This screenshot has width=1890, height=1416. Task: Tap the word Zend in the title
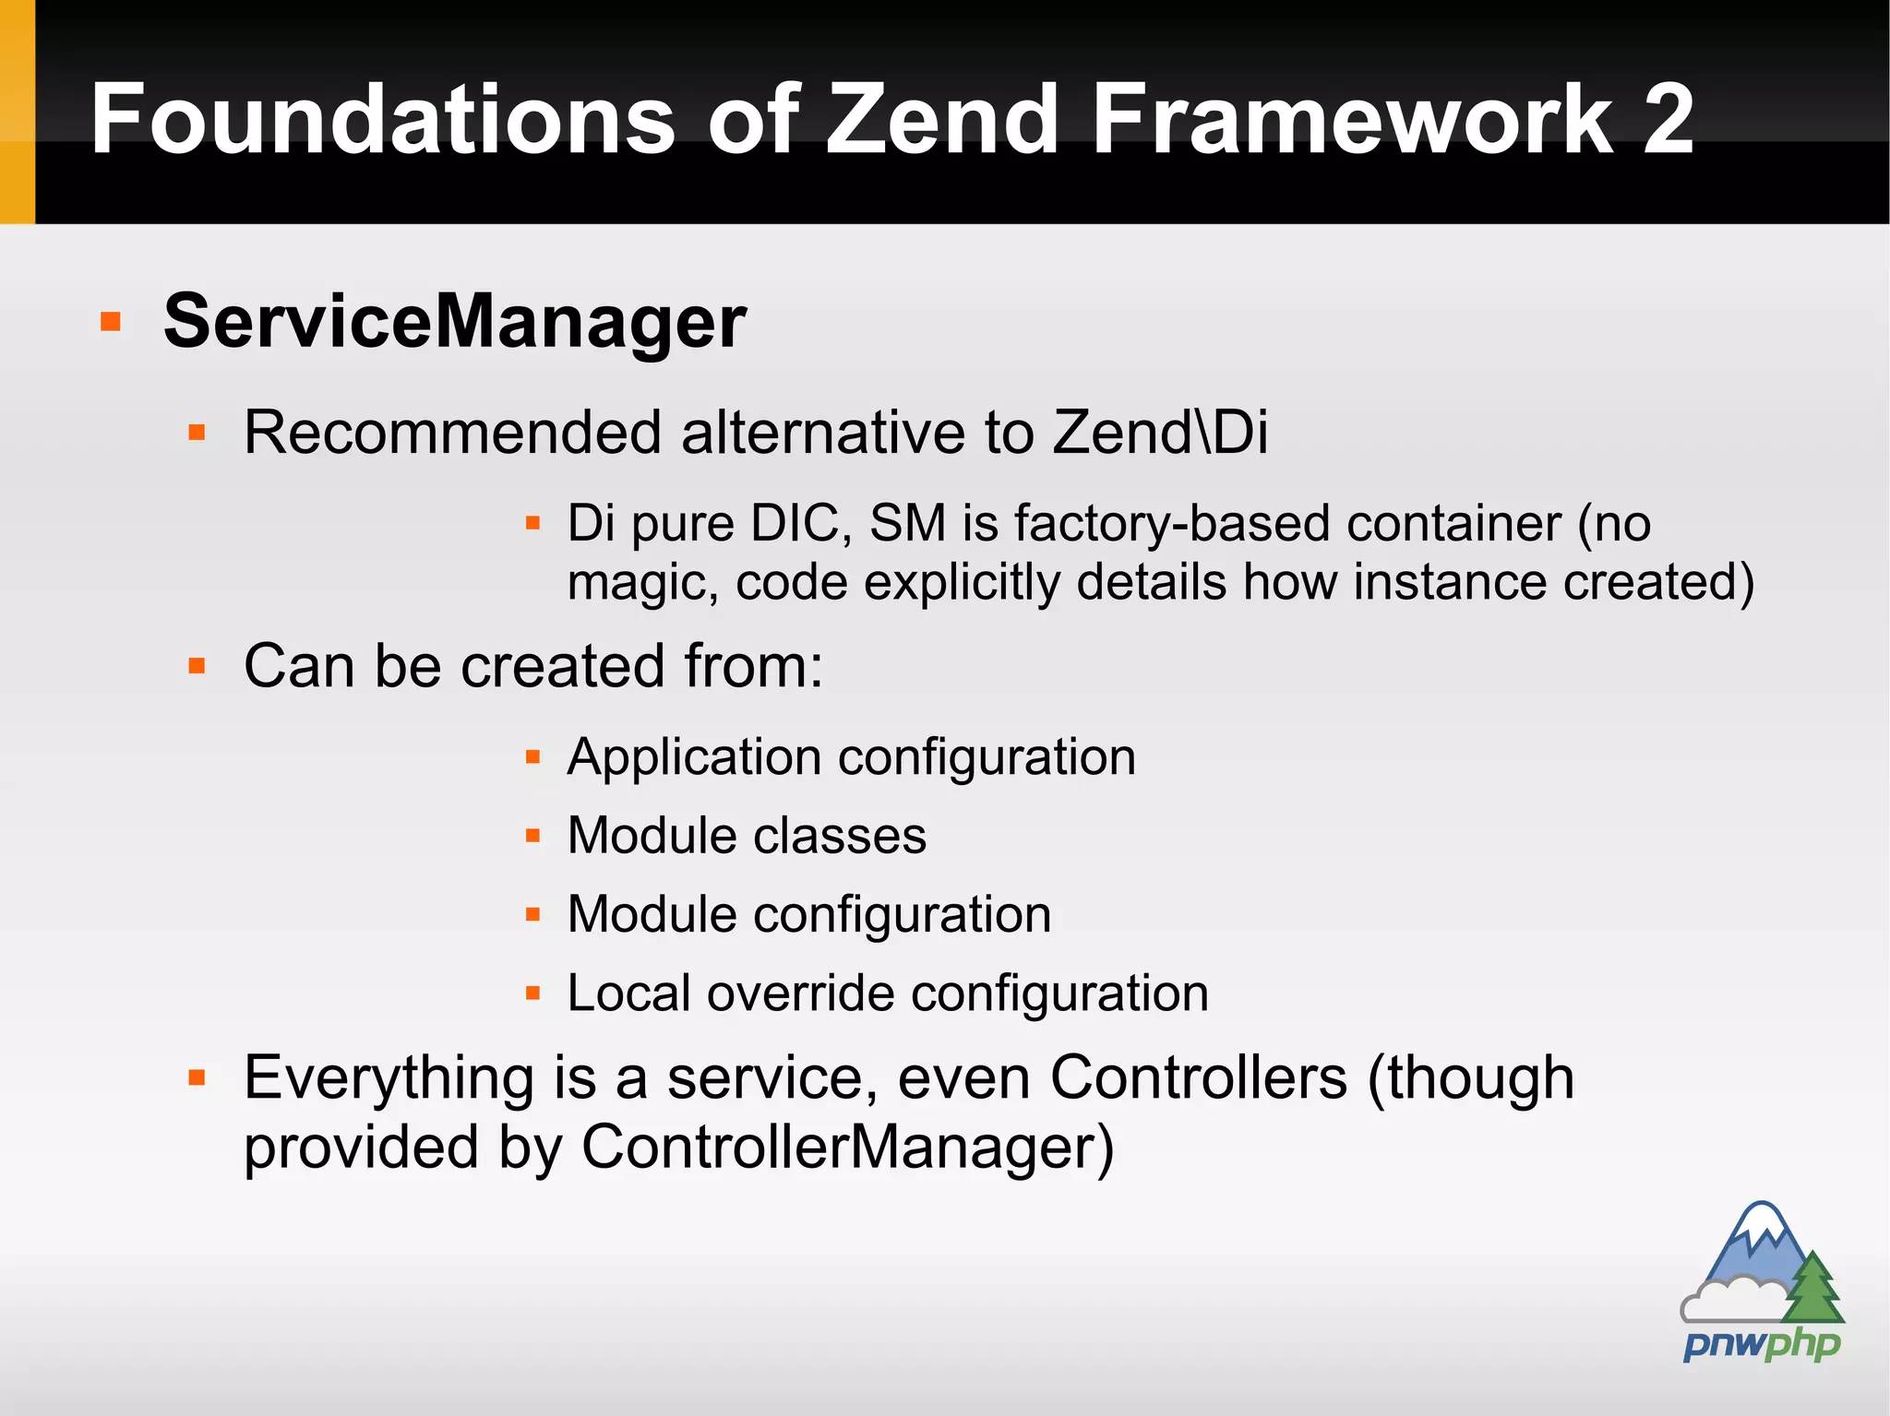click(941, 120)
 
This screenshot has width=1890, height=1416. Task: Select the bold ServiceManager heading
click(454, 321)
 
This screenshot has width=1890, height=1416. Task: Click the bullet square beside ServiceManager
click(111, 322)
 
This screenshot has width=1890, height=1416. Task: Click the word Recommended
click(452, 432)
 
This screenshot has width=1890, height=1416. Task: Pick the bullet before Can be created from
click(197, 666)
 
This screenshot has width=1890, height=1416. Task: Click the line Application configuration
click(851, 757)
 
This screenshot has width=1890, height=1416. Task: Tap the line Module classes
click(747, 836)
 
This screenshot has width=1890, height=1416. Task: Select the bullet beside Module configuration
click(532, 915)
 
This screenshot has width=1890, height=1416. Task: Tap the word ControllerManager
click(847, 1148)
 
